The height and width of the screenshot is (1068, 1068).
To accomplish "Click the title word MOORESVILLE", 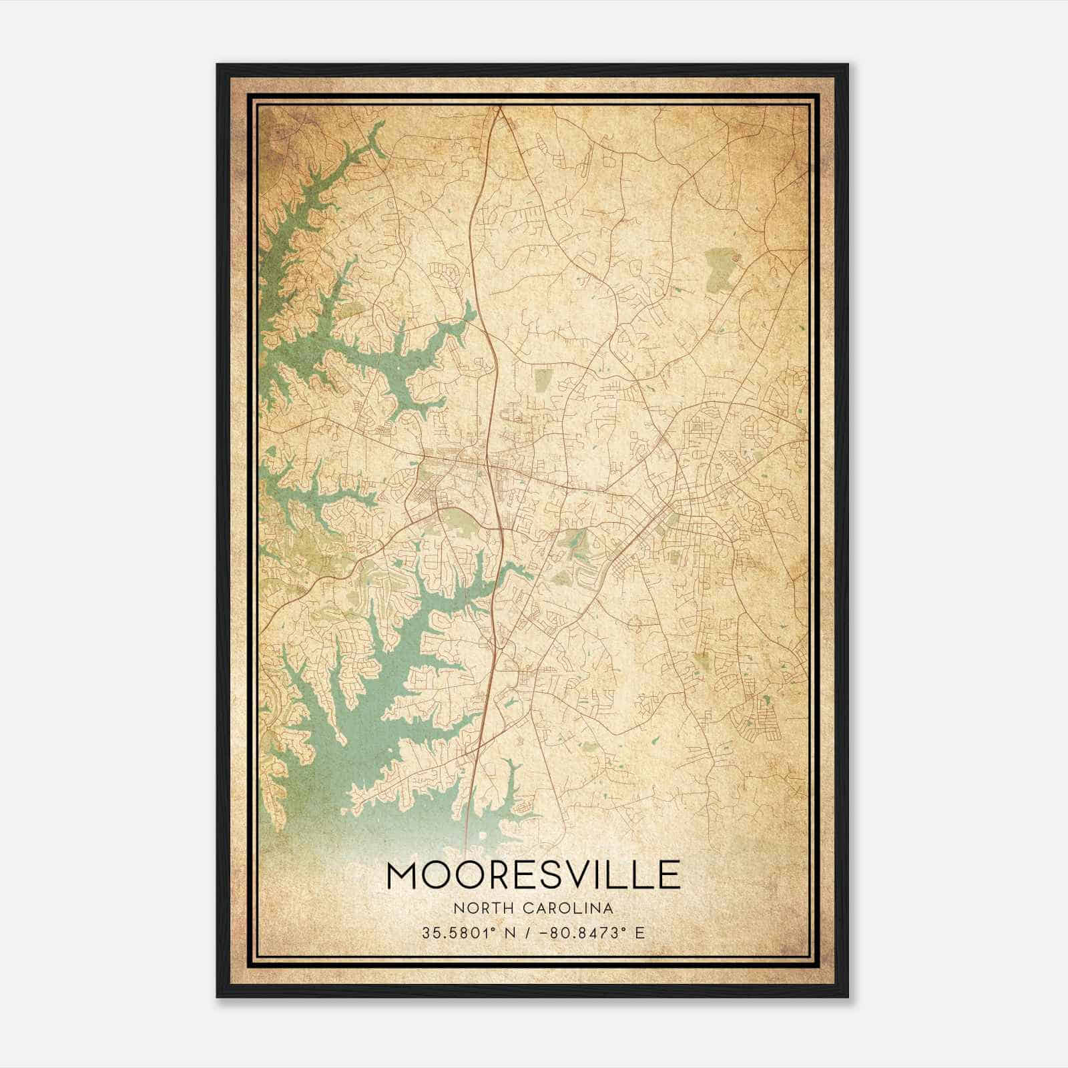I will pyautogui.click(x=533, y=874).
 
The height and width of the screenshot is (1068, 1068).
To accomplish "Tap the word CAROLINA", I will pyautogui.click(x=569, y=908).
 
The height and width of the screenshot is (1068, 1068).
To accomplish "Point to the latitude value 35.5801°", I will pyautogui.click(x=453, y=932).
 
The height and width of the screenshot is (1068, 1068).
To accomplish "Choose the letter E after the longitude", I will pyautogui.click(x=640, y=932).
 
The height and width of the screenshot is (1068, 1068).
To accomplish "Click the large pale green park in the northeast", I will pyautogui.click(x=719, y=270).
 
